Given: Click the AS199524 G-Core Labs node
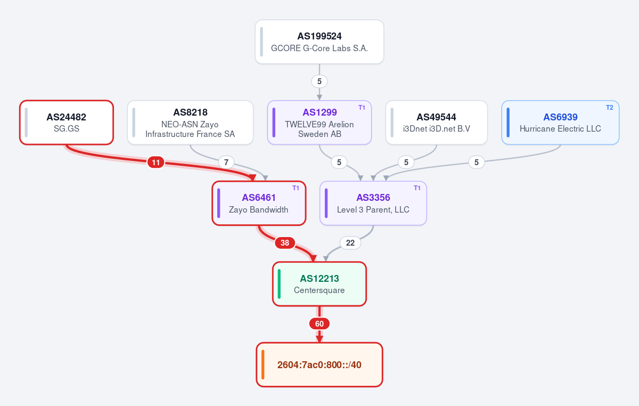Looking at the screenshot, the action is (319, 42).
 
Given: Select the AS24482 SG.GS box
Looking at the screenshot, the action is (67, 123).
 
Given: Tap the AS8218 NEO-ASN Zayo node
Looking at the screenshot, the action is (190, 123).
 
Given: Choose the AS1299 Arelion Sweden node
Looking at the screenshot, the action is (319, 123).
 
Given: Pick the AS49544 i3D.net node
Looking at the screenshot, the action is (437, 123).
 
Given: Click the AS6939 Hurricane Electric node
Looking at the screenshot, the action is (560, 123).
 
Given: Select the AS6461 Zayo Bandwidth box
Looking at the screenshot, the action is (259, 204).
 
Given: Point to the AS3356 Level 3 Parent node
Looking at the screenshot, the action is (373, 204).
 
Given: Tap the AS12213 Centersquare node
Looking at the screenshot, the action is (319, 284).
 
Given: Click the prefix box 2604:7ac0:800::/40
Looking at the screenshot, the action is (319, 365).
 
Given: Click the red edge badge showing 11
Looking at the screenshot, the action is (155, 163).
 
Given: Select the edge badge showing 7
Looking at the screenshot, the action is (226, 163).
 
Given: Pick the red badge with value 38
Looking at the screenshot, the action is (285, 243).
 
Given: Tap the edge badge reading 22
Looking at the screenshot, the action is (350, 243).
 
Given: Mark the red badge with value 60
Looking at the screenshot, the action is (319, 324).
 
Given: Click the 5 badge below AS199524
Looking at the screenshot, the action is (319, 82).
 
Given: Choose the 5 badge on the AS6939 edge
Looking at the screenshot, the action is (477, 163).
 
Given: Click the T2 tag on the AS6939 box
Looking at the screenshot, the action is (609, 108).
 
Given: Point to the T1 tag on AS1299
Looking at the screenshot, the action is (362, 108).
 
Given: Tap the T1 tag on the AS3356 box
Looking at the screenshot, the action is (417, 188).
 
